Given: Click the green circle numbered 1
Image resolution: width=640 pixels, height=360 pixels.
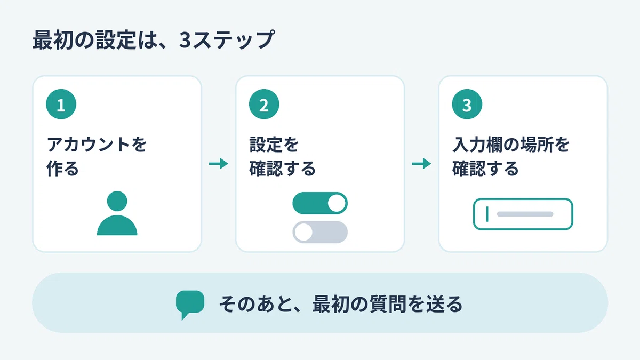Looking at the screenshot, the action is click(61, 104).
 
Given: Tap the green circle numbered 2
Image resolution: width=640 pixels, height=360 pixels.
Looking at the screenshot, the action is click(264, 104).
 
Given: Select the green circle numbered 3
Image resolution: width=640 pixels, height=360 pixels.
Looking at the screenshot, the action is click(467, 104).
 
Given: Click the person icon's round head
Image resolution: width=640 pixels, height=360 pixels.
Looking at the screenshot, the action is click(117, 201).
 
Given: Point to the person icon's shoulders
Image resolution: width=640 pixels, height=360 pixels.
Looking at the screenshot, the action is click(117, 225).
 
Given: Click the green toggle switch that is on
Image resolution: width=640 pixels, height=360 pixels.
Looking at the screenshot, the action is click(320, 203).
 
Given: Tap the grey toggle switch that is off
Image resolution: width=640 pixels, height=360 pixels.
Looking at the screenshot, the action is click(320, 232).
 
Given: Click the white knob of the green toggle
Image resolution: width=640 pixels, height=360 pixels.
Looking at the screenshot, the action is click(337, 203).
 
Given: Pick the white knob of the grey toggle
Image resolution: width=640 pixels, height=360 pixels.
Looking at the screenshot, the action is click(303, 232).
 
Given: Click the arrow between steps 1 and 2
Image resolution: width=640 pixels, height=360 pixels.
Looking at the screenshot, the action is click(219, 164).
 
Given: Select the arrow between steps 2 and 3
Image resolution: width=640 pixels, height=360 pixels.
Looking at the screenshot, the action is click(421, 164).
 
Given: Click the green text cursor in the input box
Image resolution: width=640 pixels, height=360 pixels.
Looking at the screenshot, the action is click(487, 214).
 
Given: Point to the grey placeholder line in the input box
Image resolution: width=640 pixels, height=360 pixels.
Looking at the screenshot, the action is click(525, 214).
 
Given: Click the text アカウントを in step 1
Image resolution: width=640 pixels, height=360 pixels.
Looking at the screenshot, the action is click(97, 145).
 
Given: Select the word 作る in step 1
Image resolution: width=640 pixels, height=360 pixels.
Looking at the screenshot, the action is click(62, 169).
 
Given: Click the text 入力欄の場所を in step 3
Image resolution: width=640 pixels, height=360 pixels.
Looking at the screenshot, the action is click(511, 145).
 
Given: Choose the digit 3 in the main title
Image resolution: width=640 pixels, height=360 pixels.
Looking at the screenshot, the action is click(185, 40).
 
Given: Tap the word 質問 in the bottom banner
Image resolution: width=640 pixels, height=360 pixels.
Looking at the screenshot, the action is click(387, 304).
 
